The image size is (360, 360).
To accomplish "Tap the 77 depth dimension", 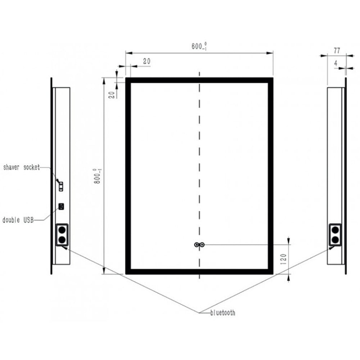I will [x=337, y=50].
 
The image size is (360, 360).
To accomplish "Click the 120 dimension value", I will [x=283, y=258].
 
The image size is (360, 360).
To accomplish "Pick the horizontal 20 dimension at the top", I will [x=146, y=61].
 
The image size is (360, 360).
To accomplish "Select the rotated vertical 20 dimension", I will [x=111, y=94].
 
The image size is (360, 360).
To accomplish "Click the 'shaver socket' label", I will [x=21, y=167].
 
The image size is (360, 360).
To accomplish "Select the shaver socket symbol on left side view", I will [x=62, y=186].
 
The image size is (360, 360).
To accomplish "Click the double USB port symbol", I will [x=62, y=206].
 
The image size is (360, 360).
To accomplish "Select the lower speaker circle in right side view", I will [x=336, y=239].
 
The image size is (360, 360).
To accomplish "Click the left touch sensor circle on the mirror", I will [x=197, y=245].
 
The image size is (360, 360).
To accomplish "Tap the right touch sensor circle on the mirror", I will [x=202, y=245].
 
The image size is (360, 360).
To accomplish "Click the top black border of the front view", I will [x=199, y=80].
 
